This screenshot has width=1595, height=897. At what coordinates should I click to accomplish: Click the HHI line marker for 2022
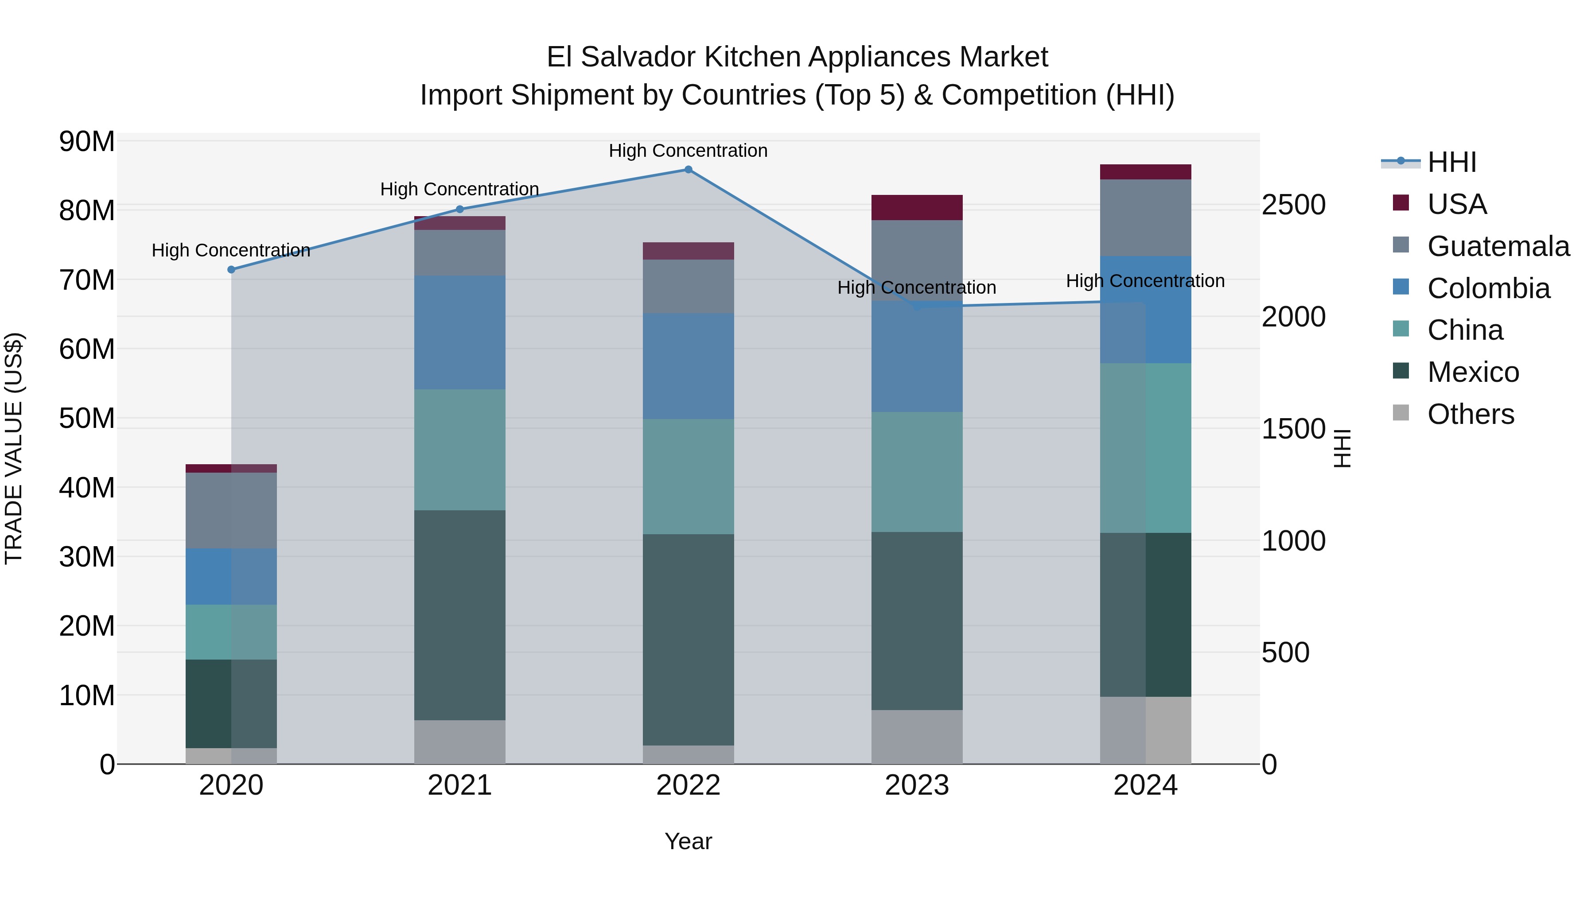tap(688, 170)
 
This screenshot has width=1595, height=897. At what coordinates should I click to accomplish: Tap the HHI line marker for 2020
tap(231, 269)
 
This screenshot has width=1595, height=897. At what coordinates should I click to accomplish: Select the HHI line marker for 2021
tap(459, 209)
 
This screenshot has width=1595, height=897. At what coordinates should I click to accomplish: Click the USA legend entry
tap(1456, 204)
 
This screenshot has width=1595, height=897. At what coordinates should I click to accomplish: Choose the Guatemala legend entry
tap(1498, 246)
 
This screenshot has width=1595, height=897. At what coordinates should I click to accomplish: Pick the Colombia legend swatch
tap(1400, 287)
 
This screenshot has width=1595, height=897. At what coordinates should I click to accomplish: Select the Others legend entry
tap(1471, 414)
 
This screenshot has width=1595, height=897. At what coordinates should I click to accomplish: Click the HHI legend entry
tap(1451, 162)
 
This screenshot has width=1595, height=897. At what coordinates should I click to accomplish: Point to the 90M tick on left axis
tap(87, 142)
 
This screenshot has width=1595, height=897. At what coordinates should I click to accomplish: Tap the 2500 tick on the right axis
tap(1293, 205)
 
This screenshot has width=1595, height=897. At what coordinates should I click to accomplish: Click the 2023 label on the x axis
tap(916, 785)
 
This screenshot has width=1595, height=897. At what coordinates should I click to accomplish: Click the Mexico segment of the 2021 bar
tap(459, 615)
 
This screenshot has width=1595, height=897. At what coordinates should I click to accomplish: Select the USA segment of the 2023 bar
tap(916, 207)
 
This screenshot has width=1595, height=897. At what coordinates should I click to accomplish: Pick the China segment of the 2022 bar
tap(688, 477)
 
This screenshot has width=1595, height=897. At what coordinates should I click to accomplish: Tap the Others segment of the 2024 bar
tap(1145, 730)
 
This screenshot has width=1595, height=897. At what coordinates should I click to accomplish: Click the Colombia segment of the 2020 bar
tap(231, 576)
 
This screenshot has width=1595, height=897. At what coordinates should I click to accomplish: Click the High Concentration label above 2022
tap(688, 151)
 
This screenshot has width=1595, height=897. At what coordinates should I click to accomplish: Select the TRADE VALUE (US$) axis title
tap(14, 448)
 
